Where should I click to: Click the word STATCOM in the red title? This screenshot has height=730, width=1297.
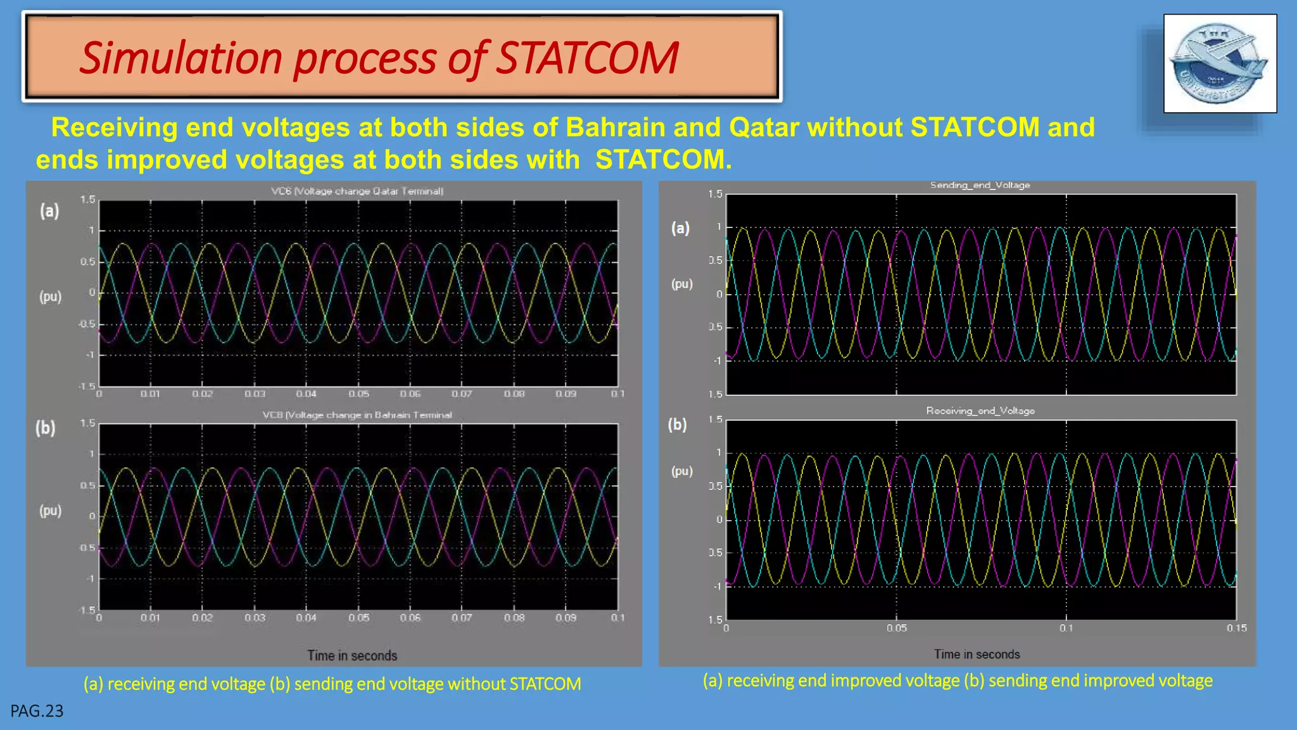pyautogui.click(x=586, y=58)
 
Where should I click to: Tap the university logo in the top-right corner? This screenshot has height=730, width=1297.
pyautogui.click(x=1220, y=63)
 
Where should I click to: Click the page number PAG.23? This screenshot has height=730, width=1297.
pyautogui.click(x=37, y=711)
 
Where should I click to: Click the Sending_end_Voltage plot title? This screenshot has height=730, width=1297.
pyautogui.click(x=980, y=185)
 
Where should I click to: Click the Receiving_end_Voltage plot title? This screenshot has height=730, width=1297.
pyautogui.click(x=980, y=411)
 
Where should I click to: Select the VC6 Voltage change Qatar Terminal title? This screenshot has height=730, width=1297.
pyautogui.click(x=357, y=191)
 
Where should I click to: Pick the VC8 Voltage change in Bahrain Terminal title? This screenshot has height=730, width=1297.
pyautogui.click(x=357, y=415)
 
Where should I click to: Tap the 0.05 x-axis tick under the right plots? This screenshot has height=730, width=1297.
pyautogui.click(x=896, y=628)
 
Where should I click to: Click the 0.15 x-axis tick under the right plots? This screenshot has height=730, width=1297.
pyautogui.click(x=1236, y=628)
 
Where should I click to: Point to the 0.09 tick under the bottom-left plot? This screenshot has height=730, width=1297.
pyautogui.click(x=566, y=618)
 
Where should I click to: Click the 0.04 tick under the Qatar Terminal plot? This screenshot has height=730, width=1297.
pyautogui.click(x=307, y=394)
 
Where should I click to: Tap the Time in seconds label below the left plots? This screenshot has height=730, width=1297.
pyautogui.click(x=352, y=656)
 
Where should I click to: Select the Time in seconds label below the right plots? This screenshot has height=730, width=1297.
pyautogui.click(x=977, y=655)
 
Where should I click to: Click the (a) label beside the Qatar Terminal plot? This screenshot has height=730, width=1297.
pyautogui.click(x=49, y=211)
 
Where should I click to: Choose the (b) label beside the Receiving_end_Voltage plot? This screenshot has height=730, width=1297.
pyautogui.click(x=677, y=425)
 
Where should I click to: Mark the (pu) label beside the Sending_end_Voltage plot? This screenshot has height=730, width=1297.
pyautogui.click(x=682, y=284)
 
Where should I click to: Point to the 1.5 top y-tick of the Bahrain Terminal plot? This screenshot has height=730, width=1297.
pyautogui.click(x=87, y=423)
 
